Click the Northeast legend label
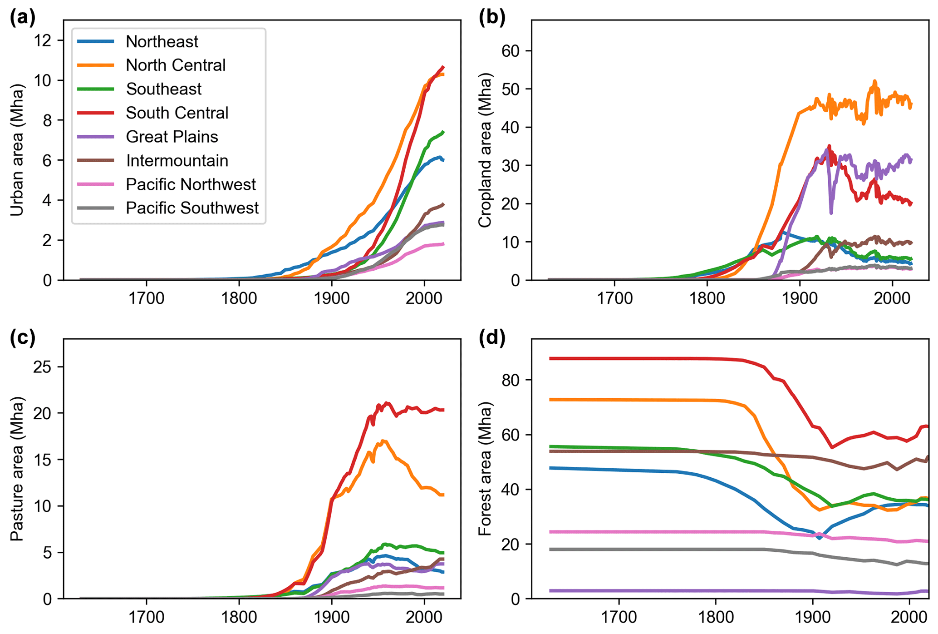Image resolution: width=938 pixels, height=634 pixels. pyautogui.click(x=162, y=41)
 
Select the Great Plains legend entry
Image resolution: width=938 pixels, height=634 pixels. pyautogui.click(x=172, y=137)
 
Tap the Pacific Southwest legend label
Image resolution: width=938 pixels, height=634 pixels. pyautogui.click(x=192, y=208)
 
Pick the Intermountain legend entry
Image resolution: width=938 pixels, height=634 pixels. pyautogui.click(x=177, y=160)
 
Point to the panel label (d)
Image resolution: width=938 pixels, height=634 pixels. pyautogui.click(x=492, y=338)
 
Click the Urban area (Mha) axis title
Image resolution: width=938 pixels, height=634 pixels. pyautogui.click(x=17, y=150)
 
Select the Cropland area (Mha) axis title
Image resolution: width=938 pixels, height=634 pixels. pyautogui.click(x=485, y=152)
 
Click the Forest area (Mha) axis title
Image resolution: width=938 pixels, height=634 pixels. pyautogui.click(x=485, y=470)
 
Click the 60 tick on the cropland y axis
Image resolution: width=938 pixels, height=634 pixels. pyautogui.click(x=510, y=50)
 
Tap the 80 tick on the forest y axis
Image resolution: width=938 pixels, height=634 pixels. pyautogui.click(x=510, y=380)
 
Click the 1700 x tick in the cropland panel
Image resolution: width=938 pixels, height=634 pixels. pyautogui.click(x=614, y=298)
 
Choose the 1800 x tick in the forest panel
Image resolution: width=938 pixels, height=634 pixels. pyautogui.click(x=716, y=617)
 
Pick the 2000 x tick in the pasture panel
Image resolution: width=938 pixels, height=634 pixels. pyautogui.click(x=424, y=617)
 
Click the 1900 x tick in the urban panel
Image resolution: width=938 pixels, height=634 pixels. pyautogui.click(x=331, y=298)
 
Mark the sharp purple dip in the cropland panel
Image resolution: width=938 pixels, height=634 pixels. pyautogui.click(x=831, y=212)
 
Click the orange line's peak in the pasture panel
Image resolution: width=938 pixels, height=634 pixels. pyautogui.click(x=384, y=441)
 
